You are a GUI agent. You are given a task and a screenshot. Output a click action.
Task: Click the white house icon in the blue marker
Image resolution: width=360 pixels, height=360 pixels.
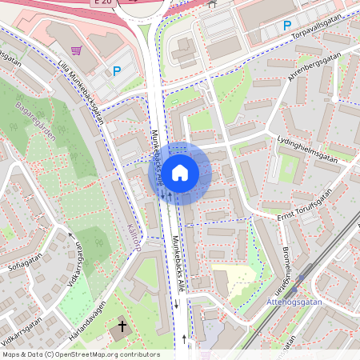pyautogui.click(x=180, y=173)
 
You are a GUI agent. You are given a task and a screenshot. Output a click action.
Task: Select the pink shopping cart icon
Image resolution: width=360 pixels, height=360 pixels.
pyautogui.click(x=76, y=49)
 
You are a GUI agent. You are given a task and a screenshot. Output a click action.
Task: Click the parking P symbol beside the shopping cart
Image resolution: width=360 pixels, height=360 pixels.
pyautogui.click(x=117, y=71)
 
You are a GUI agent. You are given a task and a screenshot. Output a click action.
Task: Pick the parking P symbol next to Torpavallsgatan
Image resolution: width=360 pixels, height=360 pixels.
pyautogui.click(x=286, y=26)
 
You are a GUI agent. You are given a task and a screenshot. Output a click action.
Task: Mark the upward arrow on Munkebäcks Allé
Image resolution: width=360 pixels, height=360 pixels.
pyautogui.click(x=184, y=338)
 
